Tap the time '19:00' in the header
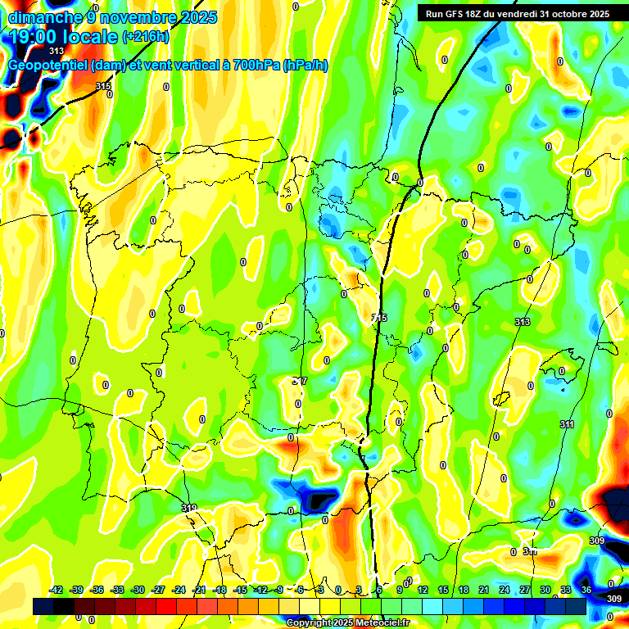tap(32, 37)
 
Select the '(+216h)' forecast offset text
tap(145, 37)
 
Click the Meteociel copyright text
tap(347, 623)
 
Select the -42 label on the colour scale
tap(57, 590)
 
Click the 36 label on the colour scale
tap(586, 590)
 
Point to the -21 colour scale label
tap(199, 590)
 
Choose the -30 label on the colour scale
tap(138, 590)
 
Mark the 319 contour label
tap(188, 509)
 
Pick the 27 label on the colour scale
tap(525, 590)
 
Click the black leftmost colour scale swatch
tap(43, 606)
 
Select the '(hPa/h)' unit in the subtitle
tap(305, 65)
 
